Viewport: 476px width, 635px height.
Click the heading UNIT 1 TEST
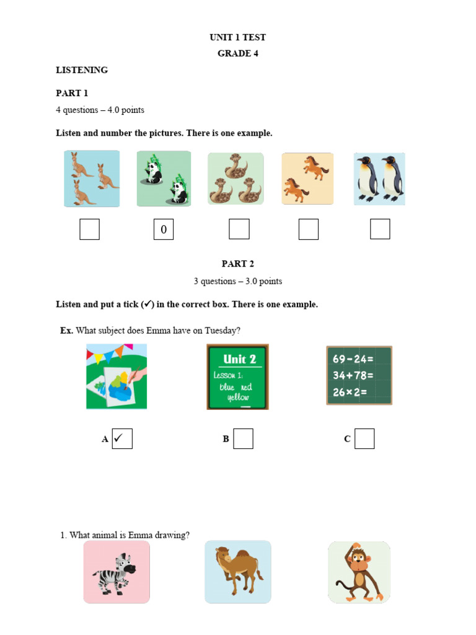click(x=237, y=37)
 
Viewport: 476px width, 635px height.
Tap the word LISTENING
click(x=82, y=70)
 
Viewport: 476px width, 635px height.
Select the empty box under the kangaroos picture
click(x=89, y=229)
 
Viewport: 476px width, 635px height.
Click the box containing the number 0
click(x=164, y=229)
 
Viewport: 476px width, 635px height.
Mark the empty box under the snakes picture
click(x=239, y=229)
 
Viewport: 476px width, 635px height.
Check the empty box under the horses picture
click(x=308, y=229)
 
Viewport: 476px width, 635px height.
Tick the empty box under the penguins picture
click(x=380, y=229)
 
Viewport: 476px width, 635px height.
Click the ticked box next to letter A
click(x=122, y=438)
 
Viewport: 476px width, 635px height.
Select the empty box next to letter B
click(x=243, y=438)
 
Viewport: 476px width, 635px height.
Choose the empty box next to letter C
click(x=364, y=438)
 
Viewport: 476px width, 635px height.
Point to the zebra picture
click(x=117, y=572)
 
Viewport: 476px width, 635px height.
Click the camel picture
click(x=238, y=572)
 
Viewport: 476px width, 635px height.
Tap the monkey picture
click(x=359, y=572)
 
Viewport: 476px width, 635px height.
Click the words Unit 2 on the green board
click(x=239, y=359)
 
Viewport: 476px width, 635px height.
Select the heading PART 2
click(x=238, y=264)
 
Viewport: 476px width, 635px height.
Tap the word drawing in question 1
click(x=175, y=535)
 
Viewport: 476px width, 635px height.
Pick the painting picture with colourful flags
click(x=117, y=376)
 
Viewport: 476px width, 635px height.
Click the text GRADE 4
click(x=237, y=53)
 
